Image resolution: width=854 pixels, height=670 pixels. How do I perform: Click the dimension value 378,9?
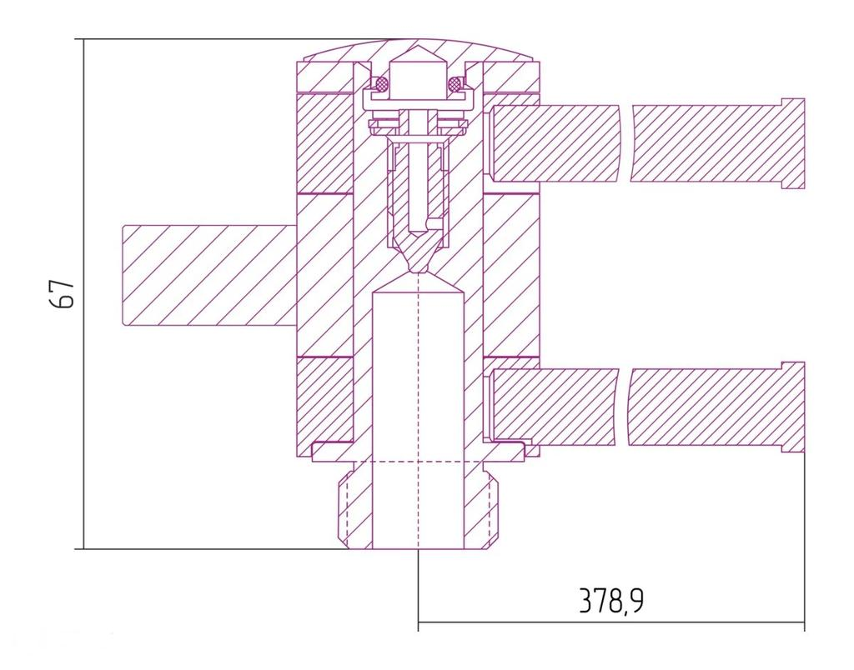click(x=610, y=602)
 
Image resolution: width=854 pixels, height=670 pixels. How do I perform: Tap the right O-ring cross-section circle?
click(x=455, y=84)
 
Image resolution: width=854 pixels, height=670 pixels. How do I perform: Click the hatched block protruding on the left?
click(x=209, y=275)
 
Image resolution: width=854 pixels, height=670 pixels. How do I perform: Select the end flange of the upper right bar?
click(x=793, y=143)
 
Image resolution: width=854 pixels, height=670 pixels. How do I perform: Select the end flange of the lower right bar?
click(x=793, y=407)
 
